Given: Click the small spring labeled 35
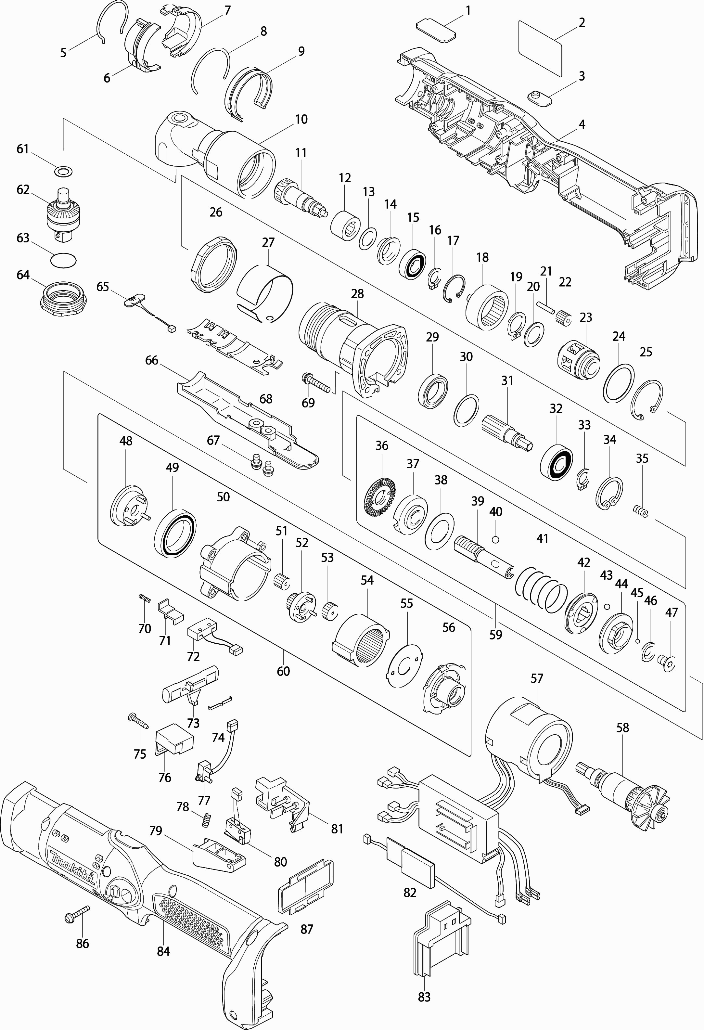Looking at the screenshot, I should point(640,511).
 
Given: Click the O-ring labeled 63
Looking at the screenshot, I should point(64,260).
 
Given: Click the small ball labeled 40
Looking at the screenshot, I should point(495,539).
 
